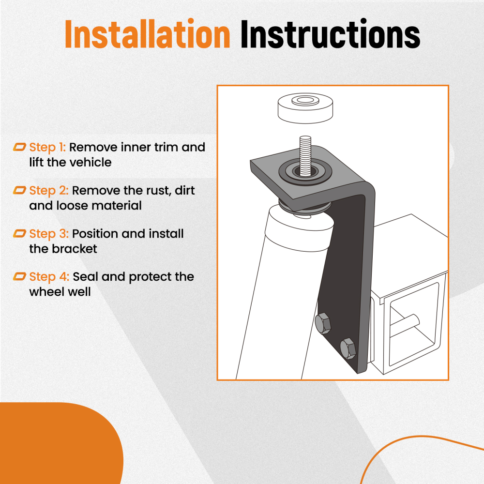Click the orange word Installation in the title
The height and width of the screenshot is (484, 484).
tap(148, 34)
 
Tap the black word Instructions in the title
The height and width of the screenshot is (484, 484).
tap(330, 34)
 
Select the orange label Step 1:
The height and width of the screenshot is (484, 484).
tap(47, 148)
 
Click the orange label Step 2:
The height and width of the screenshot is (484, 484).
tap(49, 191)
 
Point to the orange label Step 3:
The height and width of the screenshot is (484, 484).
tap(49, 234)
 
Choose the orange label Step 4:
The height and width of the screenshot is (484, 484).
tap(49, 277)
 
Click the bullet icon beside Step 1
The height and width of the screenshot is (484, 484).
tap(19, 147)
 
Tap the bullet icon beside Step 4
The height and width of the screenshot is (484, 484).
tap(19, 276)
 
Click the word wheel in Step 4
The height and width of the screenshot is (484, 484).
tap(46, 292)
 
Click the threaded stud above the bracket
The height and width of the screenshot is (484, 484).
tap(305, 156)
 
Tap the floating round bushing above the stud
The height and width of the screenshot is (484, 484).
tap(305, 108)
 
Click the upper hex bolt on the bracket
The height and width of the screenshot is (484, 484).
tap(323, 323)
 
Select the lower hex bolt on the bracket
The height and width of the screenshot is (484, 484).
tap(348, 348)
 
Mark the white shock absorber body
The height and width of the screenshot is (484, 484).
tap(283, 293)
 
